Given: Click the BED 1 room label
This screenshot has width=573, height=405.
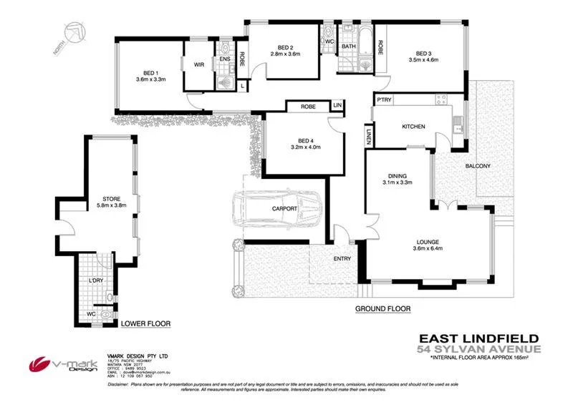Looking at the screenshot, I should (x=150, y=72).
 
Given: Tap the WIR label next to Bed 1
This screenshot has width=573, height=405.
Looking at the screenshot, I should (x=198, y=64).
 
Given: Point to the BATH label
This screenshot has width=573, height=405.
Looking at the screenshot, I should (x=349, y=47).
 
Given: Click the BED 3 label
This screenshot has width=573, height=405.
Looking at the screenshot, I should (x=425, y=52).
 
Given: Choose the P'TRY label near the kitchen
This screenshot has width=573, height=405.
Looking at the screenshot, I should (x=385, y=99).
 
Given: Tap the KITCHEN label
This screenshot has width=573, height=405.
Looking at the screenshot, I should (x=413, y=127).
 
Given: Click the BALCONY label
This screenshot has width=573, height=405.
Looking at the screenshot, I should (x=478, y=166).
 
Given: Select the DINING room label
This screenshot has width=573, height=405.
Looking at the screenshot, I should (x=398, y=175).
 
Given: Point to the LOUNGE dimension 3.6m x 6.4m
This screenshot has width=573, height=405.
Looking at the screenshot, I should (x=429, y=249).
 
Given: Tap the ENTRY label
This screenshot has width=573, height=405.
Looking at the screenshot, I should (x=342, y=258).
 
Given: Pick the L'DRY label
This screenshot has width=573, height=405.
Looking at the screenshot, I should (x=96, y=281).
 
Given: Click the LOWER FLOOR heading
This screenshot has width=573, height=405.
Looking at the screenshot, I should (x=145, y=323).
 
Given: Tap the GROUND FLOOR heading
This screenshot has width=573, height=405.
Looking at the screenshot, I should (x=382, y=309).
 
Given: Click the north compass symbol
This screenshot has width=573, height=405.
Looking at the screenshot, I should (x=72, y=34).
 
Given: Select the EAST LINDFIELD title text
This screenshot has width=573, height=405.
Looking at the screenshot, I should (x=478, y=338).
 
